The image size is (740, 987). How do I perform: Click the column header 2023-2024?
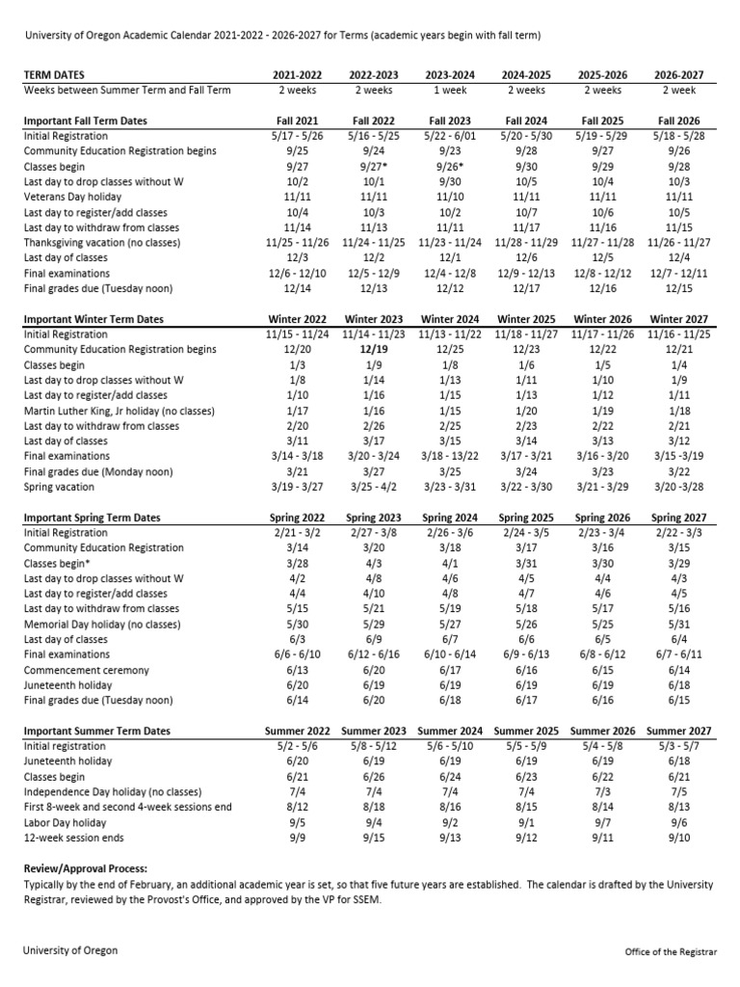pyautogui.click(x=449, y=74)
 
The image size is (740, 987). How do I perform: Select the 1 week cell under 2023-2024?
pyautogui.click(x=449, y=90)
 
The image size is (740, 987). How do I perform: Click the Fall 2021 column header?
pyautogui.click(x=297, y=121)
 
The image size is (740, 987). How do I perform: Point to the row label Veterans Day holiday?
pyautogui.click(x=77, y=197)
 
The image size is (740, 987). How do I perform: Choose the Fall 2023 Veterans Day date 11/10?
pyautogui.click(x=449, y=197)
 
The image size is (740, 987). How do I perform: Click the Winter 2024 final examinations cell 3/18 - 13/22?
pyautogui.click(x=449, y=456)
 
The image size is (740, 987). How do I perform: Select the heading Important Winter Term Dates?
pyautogui.click(x=93, y=319)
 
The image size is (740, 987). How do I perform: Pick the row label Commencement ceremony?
pyautogui.click(x=87, y=670)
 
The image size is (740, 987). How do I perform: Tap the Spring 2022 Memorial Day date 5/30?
pyautogui.click(x=297, y=624)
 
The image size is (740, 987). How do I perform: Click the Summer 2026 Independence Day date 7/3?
pyautogui.click(x=602, y=791)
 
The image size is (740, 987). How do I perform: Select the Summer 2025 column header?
pyautogui.click(x=526, y=731)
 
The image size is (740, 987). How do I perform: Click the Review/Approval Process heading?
pyautogui.click(x=86, y=868)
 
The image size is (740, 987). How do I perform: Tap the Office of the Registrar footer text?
pyautogui.click(x=671, y=951)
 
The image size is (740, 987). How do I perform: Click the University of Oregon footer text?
pyautogui.click(x=70, y=950)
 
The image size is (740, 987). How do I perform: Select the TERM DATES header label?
pyautogui.click(x=53, y=74)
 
